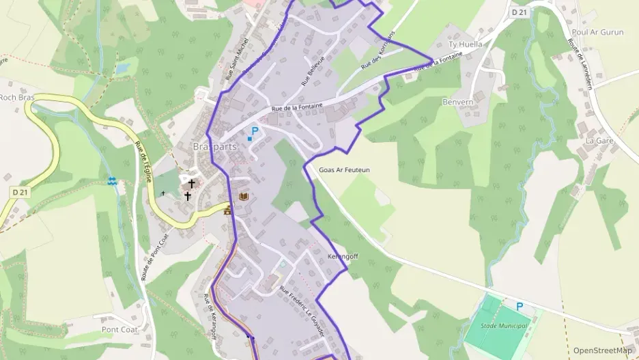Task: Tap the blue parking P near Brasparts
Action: click(x=255, y=130)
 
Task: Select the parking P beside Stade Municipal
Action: click(x=519, y=307)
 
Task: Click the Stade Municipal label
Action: click(x=505, y=325)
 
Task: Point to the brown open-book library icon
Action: click(x=243, y=196)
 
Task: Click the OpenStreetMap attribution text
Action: click(x=602, y=350)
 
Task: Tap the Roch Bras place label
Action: click(x=16, y=97)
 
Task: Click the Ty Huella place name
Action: click(x=464, y=44)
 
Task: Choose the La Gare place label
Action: click(x=600, y=141)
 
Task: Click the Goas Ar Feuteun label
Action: click(x=344, y=169)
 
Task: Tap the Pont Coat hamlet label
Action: click(x=119, y=329)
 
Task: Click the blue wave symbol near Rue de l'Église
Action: click(x=112, y=181)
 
